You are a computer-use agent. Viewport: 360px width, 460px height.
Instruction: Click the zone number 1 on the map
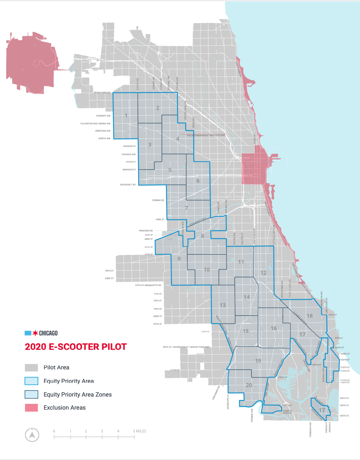pyautogui.click(x=126, y=116)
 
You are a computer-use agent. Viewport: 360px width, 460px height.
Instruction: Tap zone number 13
pyautogui.click(x=223, y=305)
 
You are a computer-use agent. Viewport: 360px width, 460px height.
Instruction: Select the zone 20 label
pyautogui.click(x=249, y=385)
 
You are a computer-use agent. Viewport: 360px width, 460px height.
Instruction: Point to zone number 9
pyautogui.click(x=179, y=258)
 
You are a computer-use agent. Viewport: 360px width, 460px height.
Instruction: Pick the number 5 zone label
pyautogui.click(x=170, y=170)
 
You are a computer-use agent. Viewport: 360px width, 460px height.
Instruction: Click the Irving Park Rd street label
pyautogui.click(x=102, y=93)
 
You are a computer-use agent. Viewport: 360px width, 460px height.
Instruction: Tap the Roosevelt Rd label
pyautogui.click(x=128, y=185)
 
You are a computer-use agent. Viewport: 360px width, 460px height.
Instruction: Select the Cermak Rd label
pyautogui.click(x=158, y=200)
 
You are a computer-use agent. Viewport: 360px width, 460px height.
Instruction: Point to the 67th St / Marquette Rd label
pyautogui.click(x=148, y=285)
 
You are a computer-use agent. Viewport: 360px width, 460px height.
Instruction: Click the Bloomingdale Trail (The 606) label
pyautogui.click(x=206, y=135)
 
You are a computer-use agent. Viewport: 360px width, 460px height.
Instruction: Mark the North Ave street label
pyautogui.click(x=104, y=138)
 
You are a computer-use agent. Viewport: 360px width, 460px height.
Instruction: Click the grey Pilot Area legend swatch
pyautogui.click(x=31, y=368)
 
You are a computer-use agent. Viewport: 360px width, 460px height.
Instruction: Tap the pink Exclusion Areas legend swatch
pyautogui.click(x=31, y=408)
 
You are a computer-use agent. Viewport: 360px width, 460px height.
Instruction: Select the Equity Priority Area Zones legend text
pyautogui.click(x=78, y=394)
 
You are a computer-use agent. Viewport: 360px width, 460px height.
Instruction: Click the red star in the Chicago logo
pyautogui.click(x=35, y=333)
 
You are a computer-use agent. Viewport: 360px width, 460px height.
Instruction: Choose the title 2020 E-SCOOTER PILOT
pyautogui.click(x=76, y=347)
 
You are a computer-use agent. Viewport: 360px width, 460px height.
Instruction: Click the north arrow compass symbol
pyautogui.click(x=32, y=434)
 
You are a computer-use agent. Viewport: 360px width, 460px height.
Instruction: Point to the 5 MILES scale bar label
pyautogui.click(x=140, y=431)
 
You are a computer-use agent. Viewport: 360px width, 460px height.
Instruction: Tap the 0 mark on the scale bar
pyautogui.click(x=54, y=431)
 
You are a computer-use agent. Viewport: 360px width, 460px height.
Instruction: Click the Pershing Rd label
pyautogui.click(x=146, y=231)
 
